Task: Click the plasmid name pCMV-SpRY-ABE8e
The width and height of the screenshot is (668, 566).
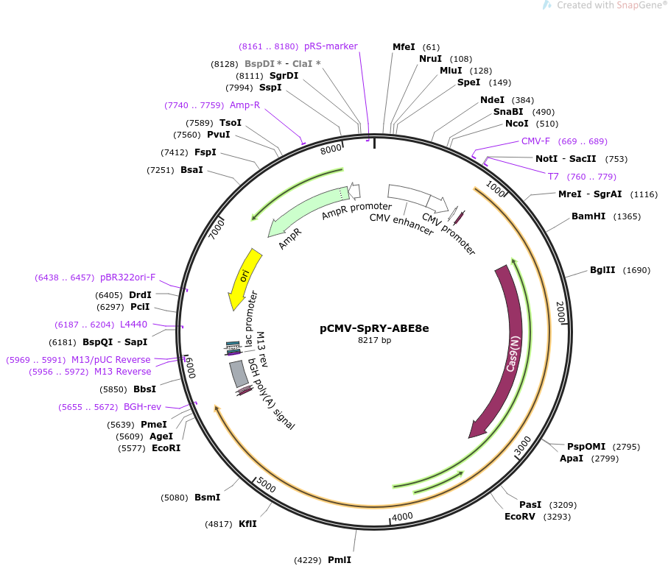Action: coord(375,328)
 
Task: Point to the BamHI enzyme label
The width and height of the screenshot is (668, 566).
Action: coord(588,216)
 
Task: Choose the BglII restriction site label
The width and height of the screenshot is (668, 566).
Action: coord(603,270)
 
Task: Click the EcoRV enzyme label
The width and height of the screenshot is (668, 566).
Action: coord(519,517)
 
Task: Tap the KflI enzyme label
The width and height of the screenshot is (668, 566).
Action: coord(247,524)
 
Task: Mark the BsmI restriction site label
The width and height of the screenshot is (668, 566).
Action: coord(207,498)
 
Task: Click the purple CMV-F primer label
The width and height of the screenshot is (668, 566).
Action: coord(535,141)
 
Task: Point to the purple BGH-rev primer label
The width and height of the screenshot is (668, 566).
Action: coord(142,407)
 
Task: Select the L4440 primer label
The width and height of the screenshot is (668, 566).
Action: coord(133,325)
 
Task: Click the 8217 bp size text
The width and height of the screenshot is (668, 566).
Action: coord(375,341)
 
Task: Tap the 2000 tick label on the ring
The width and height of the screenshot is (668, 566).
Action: coord(560,312)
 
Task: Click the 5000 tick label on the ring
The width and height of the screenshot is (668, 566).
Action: coord(266,487)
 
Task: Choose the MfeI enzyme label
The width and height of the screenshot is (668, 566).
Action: coord(404,47)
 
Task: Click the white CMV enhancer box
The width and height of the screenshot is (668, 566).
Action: coord(409,194)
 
